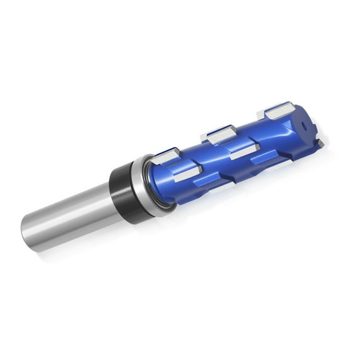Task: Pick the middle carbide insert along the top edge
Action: click(220, 134)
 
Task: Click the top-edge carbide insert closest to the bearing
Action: click(165, 155)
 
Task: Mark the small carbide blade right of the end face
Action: click(320, 144)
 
